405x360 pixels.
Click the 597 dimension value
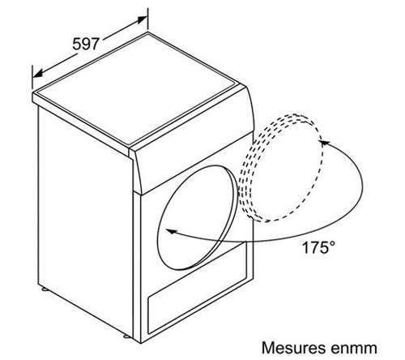[x=86, y=44]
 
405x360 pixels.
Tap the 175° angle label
[x=318, y=247]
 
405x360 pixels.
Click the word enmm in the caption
[x=354, y=348]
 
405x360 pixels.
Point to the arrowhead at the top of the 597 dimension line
[x=143, y=20]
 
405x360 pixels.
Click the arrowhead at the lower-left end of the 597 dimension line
[x=38, y=73]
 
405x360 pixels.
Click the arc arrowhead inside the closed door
[x=171, y=231]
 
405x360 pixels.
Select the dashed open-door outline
[x=281, y=168]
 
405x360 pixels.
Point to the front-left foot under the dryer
[x=126, y=336]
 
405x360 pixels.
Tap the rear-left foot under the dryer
[x=45, y=289]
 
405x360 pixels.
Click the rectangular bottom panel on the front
[x=198, y=287]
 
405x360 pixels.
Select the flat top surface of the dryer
[x=137, y=89]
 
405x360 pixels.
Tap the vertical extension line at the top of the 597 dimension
[x=148, y=19]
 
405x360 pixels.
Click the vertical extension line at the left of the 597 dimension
[x=32, y=77]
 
